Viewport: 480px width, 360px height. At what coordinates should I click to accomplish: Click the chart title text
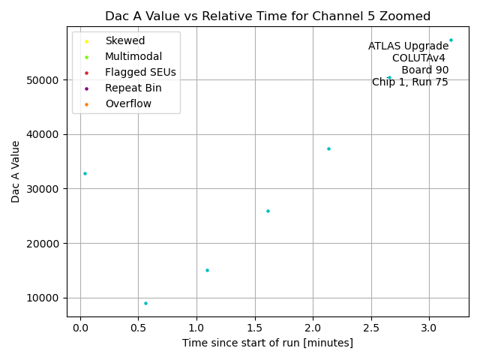(x=268, y=16)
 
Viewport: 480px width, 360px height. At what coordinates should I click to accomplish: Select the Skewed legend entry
(x=124, y=40)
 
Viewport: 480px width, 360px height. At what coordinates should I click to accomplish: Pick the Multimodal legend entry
(x=133, y=56)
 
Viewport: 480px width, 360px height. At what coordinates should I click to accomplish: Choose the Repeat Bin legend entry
(x=133, y=88)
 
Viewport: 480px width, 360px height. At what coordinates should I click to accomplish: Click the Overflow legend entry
(x=127, y=103)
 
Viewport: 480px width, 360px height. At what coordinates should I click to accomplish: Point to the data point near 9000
(x=145, y=303)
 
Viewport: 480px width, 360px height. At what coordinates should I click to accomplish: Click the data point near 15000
(x=207, y=270)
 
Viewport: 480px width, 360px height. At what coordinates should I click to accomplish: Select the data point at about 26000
(x=268, y=211)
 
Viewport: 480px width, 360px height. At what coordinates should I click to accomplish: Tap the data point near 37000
(x=328, y=148)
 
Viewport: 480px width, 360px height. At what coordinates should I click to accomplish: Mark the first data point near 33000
(x=85, y=173)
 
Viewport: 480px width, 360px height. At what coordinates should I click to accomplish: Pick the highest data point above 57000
(x=451, y=40)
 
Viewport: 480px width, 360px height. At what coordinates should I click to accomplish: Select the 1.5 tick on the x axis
(x=254, y=328)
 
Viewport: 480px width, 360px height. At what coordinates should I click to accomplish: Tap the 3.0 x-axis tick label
(x=429, y=328)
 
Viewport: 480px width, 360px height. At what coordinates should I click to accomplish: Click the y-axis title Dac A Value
(x=16, y=172)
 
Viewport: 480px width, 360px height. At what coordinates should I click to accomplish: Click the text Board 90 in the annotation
(x=424, y=70)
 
